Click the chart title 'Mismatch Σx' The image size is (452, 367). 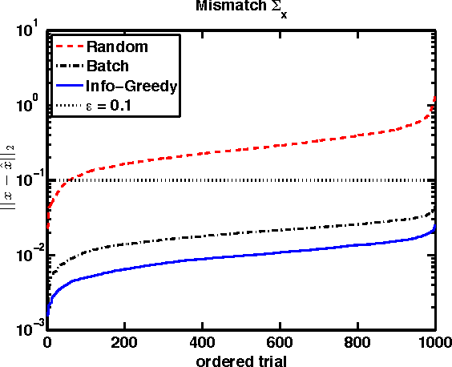click(240, 9)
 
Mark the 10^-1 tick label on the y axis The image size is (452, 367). click(28, 179)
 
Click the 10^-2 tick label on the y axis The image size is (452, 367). click(28, 255)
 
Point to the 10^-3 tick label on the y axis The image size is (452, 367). click(28, 328)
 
